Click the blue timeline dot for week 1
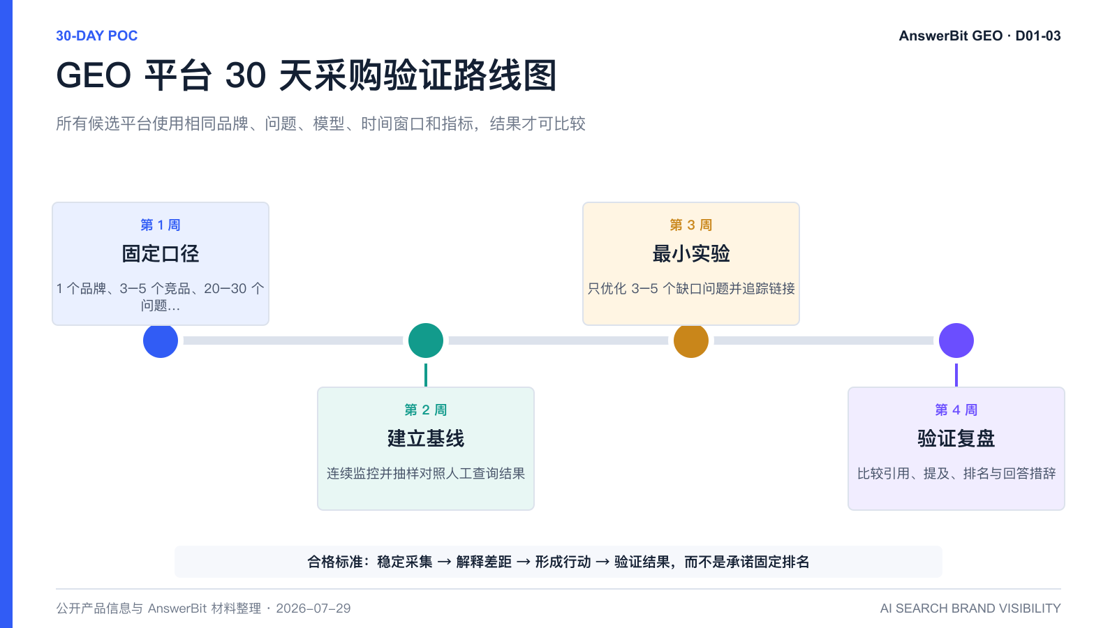[x=161, y=341]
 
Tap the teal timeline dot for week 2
[x=426, y=341]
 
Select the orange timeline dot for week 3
[x=691, y=341]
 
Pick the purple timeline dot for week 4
[x=956, y=341]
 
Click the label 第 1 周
[x=161, y=225]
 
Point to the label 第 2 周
[x=426, y=410]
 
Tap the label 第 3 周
[x=691, y=225]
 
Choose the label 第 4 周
[x=956, y=410]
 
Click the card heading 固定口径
[x=161, y=254]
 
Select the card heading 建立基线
[x=426, y=439]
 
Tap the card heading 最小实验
[x=691, y=254]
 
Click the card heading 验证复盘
[x=956, y=439]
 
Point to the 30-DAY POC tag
[x=97, y=36]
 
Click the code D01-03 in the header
[x=1038, y=36]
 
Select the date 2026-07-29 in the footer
[x=313, y=608]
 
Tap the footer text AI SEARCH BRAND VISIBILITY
[x=970, y=608]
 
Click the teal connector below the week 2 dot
[x=426, y=375]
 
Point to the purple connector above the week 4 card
[x=956, y=375]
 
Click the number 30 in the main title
[x=245, y=75]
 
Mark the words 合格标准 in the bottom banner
[x=335, y=562]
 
